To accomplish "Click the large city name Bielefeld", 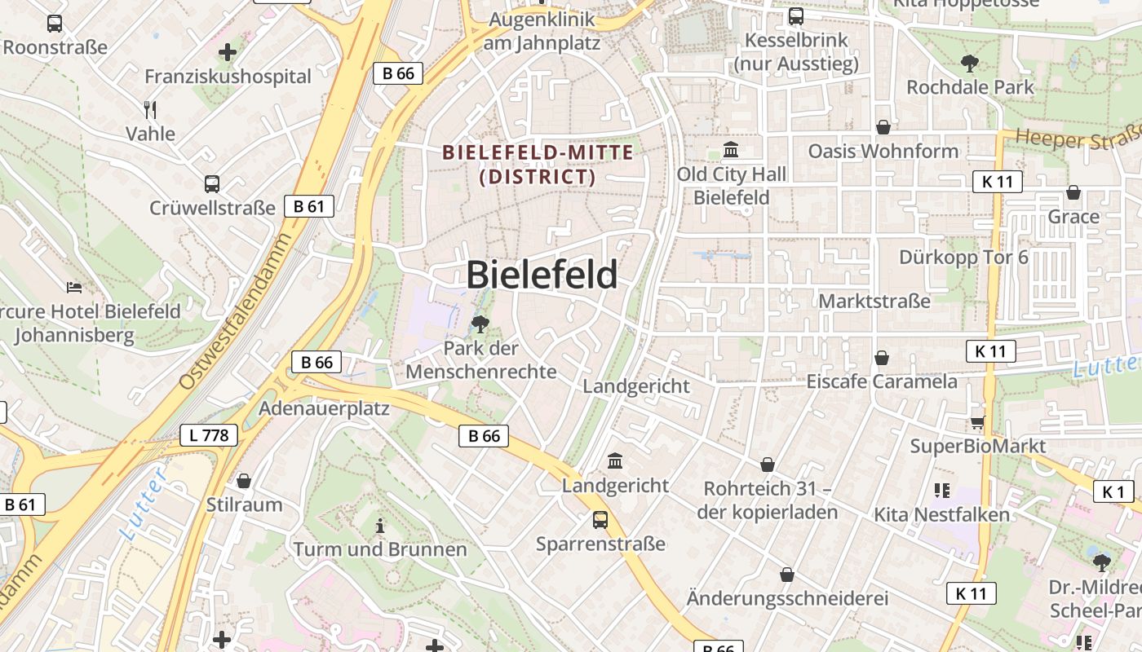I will [x=542, y=275].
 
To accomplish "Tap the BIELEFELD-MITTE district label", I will [x=538, y=164].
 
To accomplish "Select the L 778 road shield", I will [x=209, y=435].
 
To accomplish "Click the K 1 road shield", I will [x=1113, y=491].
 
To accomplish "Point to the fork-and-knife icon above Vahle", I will [x=149, y=110].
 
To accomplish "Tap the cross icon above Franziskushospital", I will [x=228, y=53].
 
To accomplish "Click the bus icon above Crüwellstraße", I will [x=212, y=184].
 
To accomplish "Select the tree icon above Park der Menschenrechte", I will [x=480, y=324].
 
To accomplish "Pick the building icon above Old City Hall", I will [x=731, y=151].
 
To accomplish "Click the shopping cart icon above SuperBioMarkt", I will [x=977, y=422].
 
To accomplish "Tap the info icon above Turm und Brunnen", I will [x=379, y=526].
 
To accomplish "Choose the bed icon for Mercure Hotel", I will [x=74, y=288].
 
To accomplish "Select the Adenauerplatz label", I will [x=324, y=408].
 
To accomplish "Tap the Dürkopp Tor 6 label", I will [x=963, y=258].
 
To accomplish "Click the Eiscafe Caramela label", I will [x=882, y=381].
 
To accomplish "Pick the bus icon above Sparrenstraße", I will [x=600, y=519].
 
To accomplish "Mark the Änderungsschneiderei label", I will [x=787, y=598].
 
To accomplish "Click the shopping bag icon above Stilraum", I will [x=244, y=481].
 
